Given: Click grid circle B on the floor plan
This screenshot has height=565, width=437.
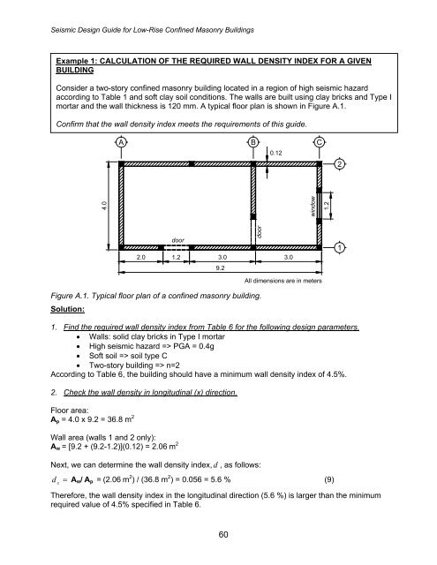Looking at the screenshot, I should click(253, 142).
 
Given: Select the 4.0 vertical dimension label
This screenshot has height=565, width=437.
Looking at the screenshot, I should click(103, 206).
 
